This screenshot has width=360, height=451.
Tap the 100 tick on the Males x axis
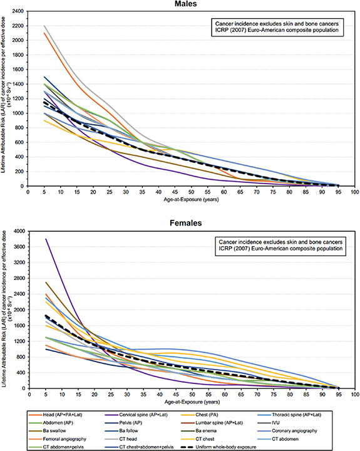point(354,193)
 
